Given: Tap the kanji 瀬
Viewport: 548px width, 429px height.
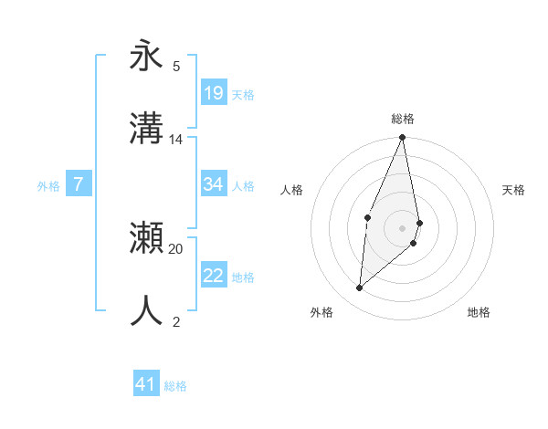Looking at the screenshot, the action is coord(147,238).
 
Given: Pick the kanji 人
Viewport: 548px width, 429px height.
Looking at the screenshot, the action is coord(147,311).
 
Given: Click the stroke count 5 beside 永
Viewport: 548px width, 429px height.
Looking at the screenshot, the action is coord(176,66).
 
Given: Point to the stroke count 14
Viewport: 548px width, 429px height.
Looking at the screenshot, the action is coord(176,140).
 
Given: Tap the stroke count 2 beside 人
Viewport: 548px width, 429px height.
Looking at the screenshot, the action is coord(176,321).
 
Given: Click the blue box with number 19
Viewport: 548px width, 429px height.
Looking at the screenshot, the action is coord(214,93).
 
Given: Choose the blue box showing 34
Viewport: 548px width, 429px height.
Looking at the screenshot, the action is coord(214,184).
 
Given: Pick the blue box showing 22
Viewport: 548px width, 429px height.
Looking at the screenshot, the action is coord(214,276).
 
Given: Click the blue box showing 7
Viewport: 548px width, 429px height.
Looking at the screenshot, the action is coord(79,184).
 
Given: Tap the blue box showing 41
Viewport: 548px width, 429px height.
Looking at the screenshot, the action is coord(146,384).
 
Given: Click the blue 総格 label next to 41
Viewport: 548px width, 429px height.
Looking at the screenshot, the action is coord(175,386).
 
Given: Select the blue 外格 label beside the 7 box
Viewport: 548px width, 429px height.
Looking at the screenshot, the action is coord(48,185).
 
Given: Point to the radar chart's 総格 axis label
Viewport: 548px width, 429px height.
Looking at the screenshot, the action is coord(403,119).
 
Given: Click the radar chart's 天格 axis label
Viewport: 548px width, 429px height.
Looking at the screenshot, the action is coord(514,190).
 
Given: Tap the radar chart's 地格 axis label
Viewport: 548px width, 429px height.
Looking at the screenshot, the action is coord(479,312).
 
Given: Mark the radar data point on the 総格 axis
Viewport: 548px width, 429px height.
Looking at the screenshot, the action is coord(403,137).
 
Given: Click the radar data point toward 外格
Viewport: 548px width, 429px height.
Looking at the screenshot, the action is coord(360,288).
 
